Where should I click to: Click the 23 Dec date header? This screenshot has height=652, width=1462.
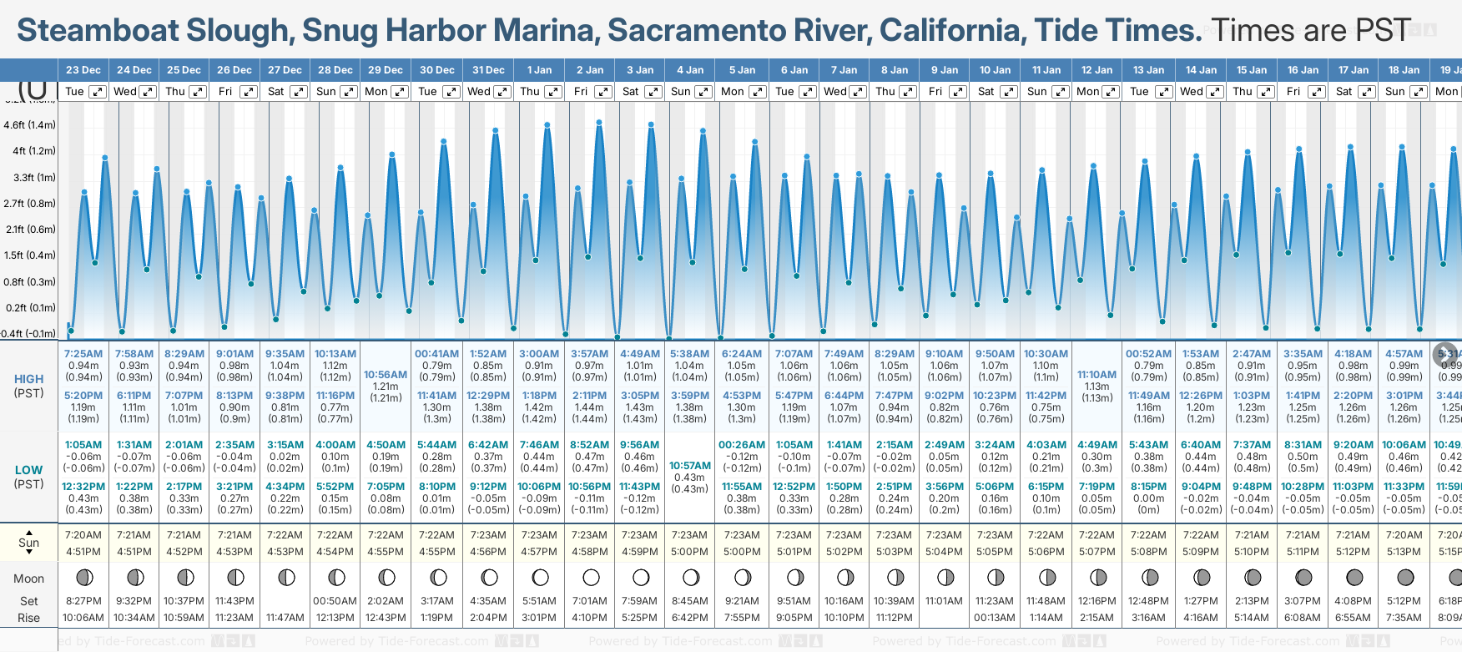pos(83,70)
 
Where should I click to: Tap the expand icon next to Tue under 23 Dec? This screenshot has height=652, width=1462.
pos(98,92)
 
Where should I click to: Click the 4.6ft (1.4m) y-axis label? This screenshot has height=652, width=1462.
pos(29,125)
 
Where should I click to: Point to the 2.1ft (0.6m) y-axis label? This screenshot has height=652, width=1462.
pos(29,230)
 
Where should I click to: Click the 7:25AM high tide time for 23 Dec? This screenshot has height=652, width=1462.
pos(83,354)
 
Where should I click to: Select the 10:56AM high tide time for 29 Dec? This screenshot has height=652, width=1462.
pos(386,375)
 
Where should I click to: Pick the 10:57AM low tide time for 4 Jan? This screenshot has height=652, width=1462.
pos(690,466)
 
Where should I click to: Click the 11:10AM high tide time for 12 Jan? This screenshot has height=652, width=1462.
pos(1096,375)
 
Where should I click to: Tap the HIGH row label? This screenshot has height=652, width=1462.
pos(29,379)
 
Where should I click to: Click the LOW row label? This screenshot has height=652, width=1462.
pos(29,470)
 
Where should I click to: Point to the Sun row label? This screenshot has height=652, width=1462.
pos(29,543)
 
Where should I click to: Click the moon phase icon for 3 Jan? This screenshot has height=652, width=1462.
pos(641,577)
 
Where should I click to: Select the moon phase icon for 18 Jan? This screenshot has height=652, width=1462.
pos(1405,577)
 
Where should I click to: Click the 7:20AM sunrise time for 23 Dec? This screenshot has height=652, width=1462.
pos(83,535)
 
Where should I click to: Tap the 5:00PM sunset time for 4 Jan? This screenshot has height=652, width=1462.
pos(690,552)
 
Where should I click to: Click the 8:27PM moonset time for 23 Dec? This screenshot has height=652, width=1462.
pos(83,601)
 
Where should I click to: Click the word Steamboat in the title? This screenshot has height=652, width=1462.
pos(98,31)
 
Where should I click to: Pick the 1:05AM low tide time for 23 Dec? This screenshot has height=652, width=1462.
pos(83,445)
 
